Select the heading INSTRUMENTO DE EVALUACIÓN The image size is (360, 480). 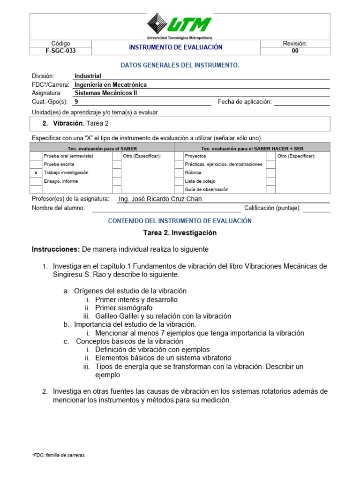pyautogui.click(x=176, y=47)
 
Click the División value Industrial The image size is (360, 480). pyautogui.click(x=88, y=76)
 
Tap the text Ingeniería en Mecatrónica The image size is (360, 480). pyautogui.click(x=111, y=85)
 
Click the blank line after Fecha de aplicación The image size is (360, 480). pyautogui.click(x=301, y=102)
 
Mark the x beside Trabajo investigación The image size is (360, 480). pyautogui.click(x=36, y=172)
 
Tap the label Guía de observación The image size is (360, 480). pyautogui.click(x=207, y=189)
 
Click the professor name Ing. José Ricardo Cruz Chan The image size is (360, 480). pyautogui.click(x=160, y=199)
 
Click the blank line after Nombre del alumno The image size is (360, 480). pyautogui.click(x=166, y=208)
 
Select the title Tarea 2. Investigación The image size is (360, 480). pyautogui.click(x=180, y=233)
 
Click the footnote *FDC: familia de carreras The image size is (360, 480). pyautogui.click(x=58, y=455)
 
